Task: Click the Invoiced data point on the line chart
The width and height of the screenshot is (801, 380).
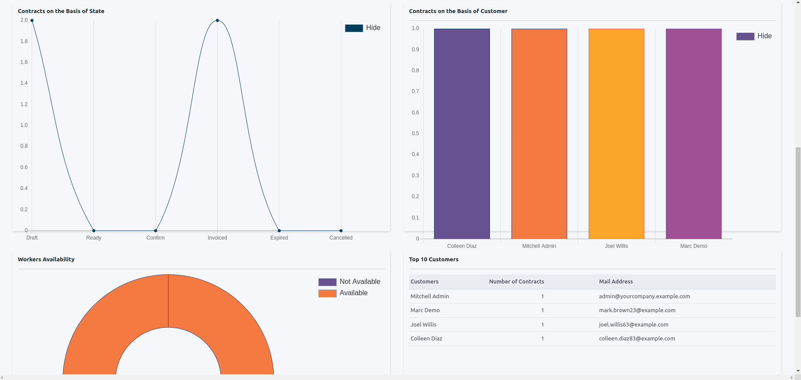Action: pos(217,20)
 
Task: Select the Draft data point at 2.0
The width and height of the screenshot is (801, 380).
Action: pos(32,20)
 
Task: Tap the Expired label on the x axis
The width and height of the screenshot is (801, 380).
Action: pos(279,238)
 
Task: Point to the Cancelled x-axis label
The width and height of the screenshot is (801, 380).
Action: pos(341,238)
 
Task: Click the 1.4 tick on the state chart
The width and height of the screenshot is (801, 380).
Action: pos(24,83)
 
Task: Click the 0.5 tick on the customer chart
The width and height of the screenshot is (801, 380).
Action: pos(415,133)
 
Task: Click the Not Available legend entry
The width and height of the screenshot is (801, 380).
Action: pos(350,282)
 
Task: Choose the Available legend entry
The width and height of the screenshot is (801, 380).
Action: pos(344,293)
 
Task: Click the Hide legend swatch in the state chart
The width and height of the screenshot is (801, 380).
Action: pos(354,28)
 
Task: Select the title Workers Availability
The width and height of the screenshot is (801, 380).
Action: pos(46,259)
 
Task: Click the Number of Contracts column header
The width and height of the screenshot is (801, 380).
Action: pos(516,282)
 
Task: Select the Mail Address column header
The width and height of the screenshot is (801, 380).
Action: pos(616,282)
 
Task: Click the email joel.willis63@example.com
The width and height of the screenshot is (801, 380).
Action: pos(633,324)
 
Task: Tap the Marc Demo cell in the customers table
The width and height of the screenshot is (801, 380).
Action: pos(425,310)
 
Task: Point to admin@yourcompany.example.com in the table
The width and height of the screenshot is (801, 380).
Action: pos(644,297)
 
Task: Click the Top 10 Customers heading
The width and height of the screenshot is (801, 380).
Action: pos(434,259)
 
